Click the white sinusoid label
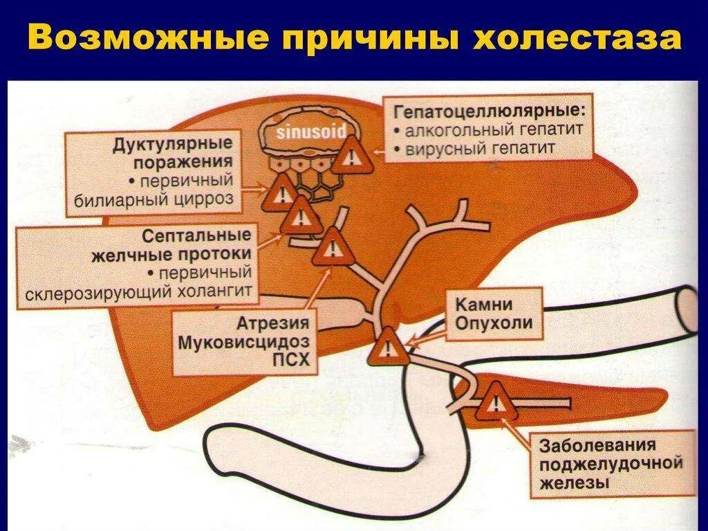point(310,133)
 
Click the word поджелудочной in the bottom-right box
point(608,463)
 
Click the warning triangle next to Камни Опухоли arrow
point(388,346)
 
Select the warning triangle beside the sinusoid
point(352,156)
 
